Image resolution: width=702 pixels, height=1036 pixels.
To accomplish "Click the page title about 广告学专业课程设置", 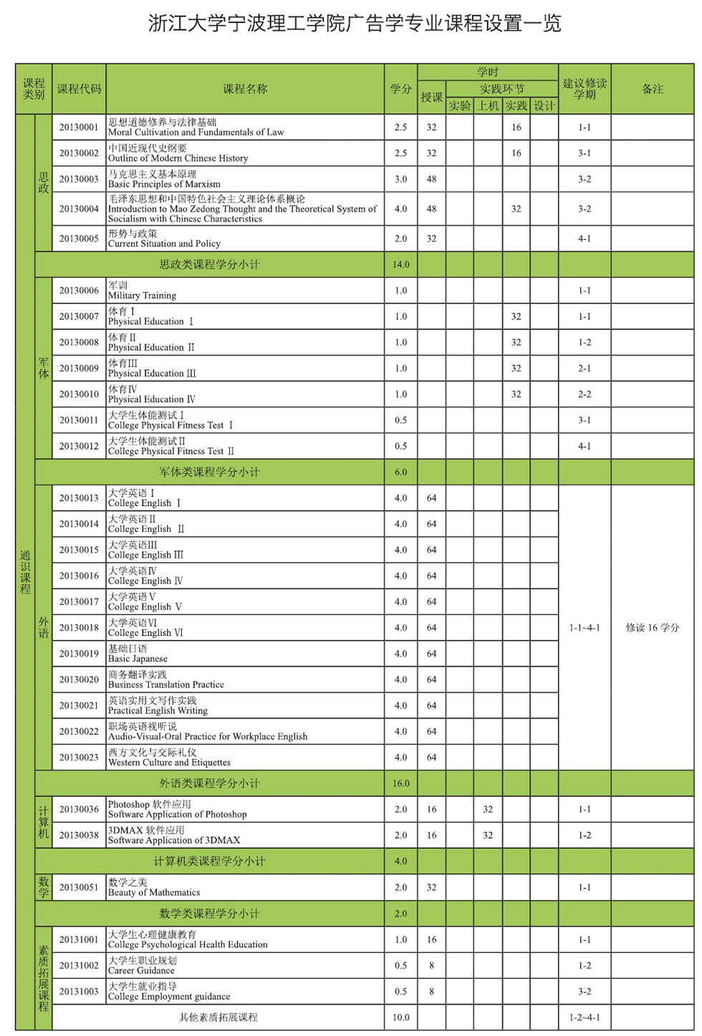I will click(x=355, y=24).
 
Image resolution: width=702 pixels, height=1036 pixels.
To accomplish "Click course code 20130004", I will click(x=79, y=209).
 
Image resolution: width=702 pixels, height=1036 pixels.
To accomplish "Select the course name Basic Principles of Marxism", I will click(x=164, y=179).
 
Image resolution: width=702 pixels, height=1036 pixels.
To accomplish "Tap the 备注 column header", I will click(x=652, y=89).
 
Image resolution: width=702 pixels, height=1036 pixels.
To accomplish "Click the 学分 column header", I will click(x=400, y=89).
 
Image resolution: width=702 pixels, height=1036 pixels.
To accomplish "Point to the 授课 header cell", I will click(x=431, y=97).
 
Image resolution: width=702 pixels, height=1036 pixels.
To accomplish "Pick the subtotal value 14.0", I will click(x=400, y=264).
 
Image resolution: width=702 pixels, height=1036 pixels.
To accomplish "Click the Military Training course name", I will click(x=142, y=291).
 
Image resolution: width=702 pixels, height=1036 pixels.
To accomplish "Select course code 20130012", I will click(x=79, y=446).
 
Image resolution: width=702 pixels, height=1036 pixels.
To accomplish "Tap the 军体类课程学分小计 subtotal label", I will click(x=209, y=472).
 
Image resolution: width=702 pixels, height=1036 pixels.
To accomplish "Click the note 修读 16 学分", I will click(x=652, y=628).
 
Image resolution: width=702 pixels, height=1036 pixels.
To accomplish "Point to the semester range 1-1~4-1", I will click(x=585, y=628).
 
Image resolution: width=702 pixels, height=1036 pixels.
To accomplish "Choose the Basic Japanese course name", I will click(x=138, y=654).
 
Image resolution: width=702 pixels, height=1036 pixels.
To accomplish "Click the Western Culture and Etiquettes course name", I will click(x=169, y=757).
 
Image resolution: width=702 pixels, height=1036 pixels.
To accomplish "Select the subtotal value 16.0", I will click(x=400, y=783).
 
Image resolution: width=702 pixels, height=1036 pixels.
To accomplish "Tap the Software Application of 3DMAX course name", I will click(x=174, y=836).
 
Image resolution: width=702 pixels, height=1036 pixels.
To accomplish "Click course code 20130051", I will click(x=79, y=887).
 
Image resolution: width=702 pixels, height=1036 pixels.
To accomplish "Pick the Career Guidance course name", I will click(x=142, y=965).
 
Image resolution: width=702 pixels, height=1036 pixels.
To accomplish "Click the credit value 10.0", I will click(x=400, y=1017).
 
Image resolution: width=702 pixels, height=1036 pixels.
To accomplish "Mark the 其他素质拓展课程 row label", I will click(x=218, y=1017).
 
